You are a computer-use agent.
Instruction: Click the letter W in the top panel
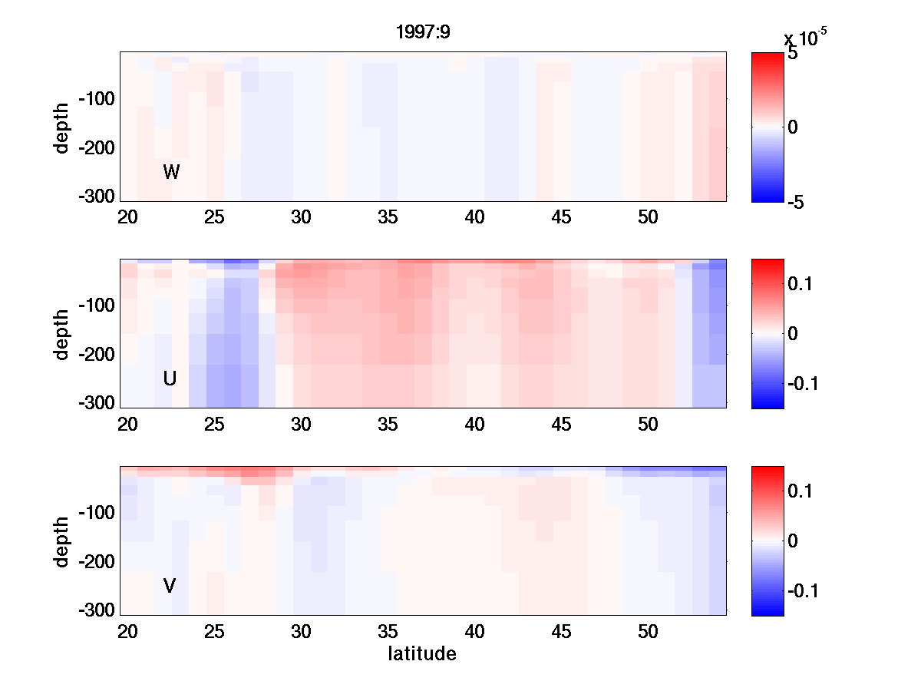click(x=171, y=173)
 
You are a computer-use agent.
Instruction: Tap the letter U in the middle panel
click(x=170, y=379)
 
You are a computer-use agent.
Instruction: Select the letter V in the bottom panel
click(x=170, y=587)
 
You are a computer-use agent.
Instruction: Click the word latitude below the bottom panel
click(x=422, y=654)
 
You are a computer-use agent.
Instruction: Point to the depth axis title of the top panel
click(x=62, y=127)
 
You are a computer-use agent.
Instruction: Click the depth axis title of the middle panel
click(x=62, y=334)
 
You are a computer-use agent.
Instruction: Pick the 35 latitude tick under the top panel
click(x=388, y=217)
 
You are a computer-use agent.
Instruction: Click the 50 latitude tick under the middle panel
click(x=649, y=425)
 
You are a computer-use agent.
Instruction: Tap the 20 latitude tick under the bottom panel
click(x=127, y=632)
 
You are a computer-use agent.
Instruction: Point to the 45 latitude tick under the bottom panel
click(x=562, y=632)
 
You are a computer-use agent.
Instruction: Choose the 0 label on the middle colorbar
click(x=794, y=333)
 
